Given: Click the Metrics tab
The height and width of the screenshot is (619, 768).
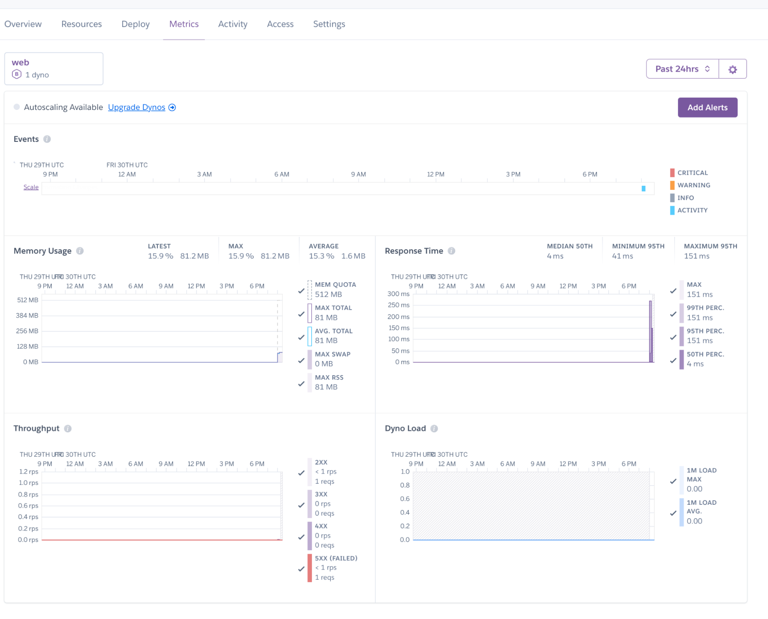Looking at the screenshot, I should click(x=184, y=24).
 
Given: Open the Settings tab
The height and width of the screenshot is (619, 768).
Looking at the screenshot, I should click(x=329, y=24).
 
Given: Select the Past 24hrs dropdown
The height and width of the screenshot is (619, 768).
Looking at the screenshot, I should click(x=682, y=69).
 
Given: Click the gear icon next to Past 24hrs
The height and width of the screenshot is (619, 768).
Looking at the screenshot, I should click(x=732, y=69).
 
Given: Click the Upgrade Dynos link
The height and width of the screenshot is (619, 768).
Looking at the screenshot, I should click(x=136, y=107).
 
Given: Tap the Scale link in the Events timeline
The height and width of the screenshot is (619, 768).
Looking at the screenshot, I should click(x=31, y=187).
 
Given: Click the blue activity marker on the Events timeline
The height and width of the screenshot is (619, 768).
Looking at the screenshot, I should click(x=643, y=188).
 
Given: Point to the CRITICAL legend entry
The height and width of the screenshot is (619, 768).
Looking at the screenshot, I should click(x=692, y=173).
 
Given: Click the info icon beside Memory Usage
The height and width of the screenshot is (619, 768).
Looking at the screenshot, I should click(x=80, y=251).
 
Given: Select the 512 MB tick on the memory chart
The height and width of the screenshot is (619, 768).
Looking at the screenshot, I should click(x=28, y=300).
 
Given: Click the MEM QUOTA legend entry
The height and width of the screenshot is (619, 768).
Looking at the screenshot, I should click(x=335, y=289).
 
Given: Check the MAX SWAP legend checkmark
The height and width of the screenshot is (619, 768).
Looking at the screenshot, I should click(x=301, y=361).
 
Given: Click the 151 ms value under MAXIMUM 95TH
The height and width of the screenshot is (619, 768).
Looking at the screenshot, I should click(x=696, y=256).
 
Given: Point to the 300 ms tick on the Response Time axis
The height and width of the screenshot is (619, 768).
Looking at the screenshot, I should click(x=398, y=294).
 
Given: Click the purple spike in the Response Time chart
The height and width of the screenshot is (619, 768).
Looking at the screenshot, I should click(x=650, y=331).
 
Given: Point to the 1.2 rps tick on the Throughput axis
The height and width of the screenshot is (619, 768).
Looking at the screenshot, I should click(x=28, y=471).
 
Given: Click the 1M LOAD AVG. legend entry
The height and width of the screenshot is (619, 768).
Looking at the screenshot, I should click(x=701, y=511).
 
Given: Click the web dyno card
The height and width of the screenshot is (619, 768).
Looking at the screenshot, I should click(x=54, y=68).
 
